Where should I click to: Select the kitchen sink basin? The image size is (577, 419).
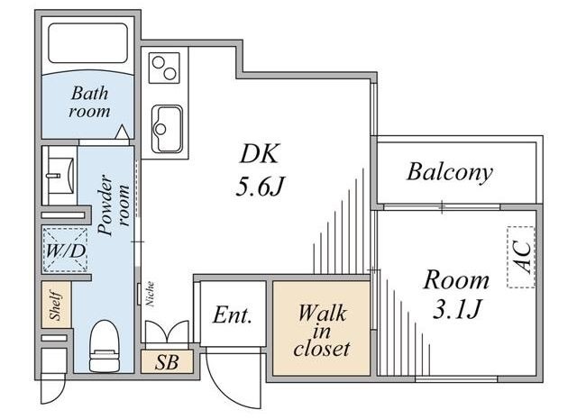(167, 127)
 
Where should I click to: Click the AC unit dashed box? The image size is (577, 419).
(521, 256)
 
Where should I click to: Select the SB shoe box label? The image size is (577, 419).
(167, 362)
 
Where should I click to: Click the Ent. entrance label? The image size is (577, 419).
(233, 316)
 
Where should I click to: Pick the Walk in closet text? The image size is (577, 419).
(322, 329)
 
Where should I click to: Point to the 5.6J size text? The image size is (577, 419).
(261, 189)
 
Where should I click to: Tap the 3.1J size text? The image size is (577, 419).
(457, 309)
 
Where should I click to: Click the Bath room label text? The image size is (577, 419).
(90, 102)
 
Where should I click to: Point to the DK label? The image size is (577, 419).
(257, 154)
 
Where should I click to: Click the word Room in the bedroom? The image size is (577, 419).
(457, 278)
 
